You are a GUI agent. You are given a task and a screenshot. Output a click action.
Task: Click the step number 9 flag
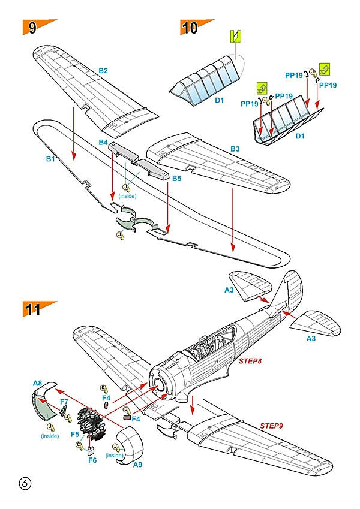35,28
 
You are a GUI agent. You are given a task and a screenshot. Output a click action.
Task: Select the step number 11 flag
35,309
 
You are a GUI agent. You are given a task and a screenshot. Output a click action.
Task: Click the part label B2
103,71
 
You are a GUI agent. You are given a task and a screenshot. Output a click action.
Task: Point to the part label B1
50,159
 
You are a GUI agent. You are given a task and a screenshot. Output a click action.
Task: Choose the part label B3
235,148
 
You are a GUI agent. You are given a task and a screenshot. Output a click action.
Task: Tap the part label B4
103,143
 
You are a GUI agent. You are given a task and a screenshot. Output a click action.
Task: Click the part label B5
177,179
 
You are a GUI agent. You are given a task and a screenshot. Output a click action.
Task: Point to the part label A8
37,382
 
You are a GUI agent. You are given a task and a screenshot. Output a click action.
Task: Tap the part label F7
64,401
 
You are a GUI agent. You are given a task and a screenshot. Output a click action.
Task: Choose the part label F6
92,460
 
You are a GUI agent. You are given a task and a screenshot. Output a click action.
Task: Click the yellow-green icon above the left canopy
236,36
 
